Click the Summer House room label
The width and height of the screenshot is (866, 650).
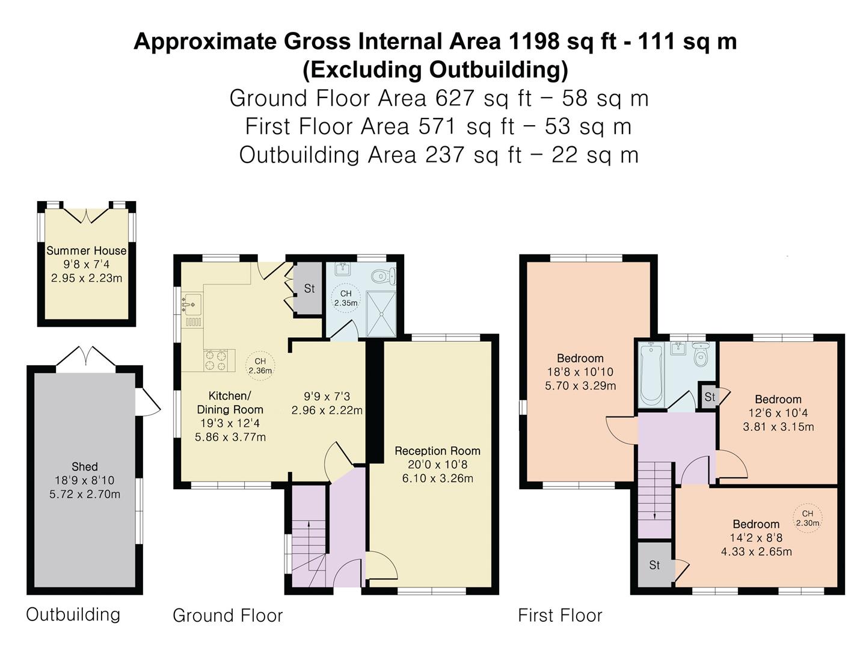tap(87, 250)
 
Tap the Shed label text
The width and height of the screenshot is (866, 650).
tap(85, 466)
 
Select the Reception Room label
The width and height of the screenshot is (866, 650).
tap(438, 451)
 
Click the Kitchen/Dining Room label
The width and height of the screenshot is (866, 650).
tap(230, 402)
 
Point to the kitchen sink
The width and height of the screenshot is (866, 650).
tap(191, 305)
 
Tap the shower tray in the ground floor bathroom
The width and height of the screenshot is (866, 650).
tap(381, 314)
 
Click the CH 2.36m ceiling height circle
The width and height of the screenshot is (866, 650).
tap(260, 367)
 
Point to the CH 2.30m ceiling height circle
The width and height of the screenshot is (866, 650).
tap(808, 518)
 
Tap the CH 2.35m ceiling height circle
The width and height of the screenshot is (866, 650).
tap(346, 299)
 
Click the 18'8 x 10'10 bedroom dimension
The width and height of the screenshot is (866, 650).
tap(580, 372)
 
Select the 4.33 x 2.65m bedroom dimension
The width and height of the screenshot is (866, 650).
tap(757, 552)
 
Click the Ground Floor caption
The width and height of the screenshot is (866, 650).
tap(228, 616)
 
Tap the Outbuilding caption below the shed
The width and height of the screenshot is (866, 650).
tap(73, 614)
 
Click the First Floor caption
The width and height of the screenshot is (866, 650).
tap(560, 615)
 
